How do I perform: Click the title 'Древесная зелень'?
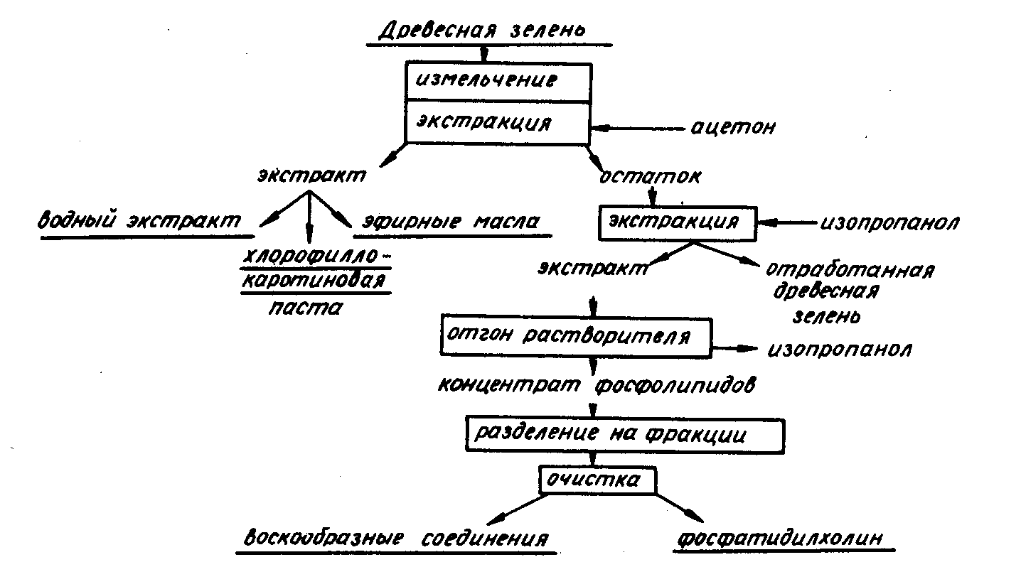(x=481, y=31)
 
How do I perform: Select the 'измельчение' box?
(x=497, y=80)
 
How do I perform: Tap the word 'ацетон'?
(x=732, y=128)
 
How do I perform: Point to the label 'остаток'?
(x=649, y=177)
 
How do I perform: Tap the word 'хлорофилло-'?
(x=318, y=256)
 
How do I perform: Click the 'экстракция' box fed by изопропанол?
(x=678, y=222)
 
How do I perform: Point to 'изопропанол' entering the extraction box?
(x=889, y=222)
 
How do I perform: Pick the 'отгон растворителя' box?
(x=576, y=335)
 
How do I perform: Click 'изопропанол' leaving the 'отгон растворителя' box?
(x=840, y=350)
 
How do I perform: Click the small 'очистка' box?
(x=594, y=480)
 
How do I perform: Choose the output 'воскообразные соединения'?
(x=396, y=538)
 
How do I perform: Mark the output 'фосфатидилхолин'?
(x=781, y=538)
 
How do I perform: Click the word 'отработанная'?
(x=849, y=271)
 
